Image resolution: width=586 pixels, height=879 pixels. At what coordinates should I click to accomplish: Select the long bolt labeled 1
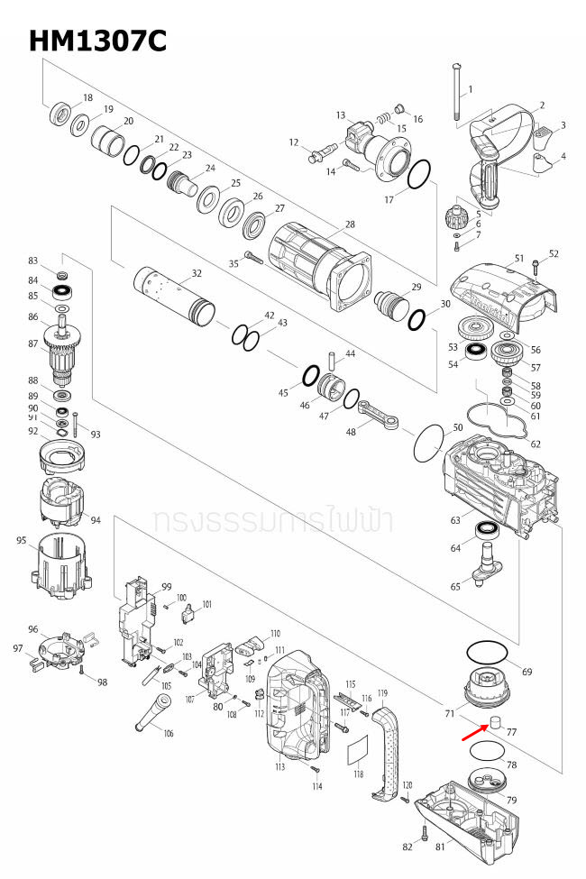coord(458,99)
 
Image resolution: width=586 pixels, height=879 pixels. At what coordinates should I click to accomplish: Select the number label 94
coord(96,521)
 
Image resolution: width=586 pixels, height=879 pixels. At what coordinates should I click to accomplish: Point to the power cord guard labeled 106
coord(149,717)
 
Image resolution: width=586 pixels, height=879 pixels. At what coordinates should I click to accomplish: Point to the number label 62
coord(536,444)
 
